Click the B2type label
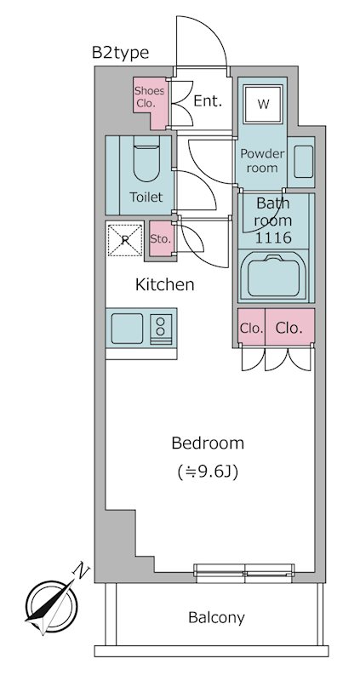point(120,53)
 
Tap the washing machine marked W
point(263,104)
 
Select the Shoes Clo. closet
point(151,102)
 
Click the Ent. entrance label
point(208,101)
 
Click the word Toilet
point(146,197)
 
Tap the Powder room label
point(263,161)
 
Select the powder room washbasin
point(303,161)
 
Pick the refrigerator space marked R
point(125,240)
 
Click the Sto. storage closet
point(161,238)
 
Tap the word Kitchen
point(165,285)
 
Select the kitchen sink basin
point(127,329)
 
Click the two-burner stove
point(161,329)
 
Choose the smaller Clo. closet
point(251,328)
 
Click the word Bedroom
point(208,444)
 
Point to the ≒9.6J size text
point(208,472)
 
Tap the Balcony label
point(216,617)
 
